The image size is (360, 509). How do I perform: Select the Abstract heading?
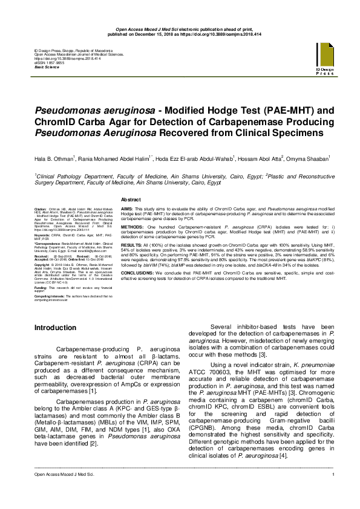[131, 199]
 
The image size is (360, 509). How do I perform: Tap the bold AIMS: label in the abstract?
[128, 209]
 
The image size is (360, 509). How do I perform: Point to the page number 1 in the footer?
[333, 498]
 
